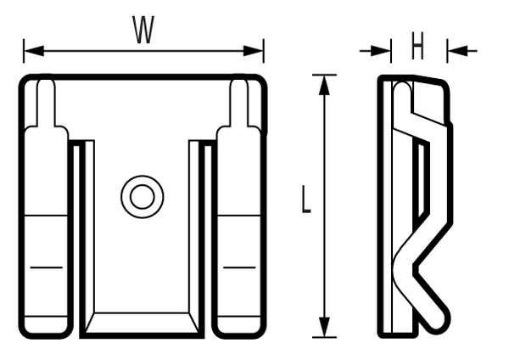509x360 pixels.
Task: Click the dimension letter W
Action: click(x=143, y=31)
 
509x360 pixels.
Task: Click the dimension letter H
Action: click(x=417, y=48)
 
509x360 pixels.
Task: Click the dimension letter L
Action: click(x=306, y=200)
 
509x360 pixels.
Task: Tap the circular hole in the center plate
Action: click(x=142, y=196)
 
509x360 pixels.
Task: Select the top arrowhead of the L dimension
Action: click(x=323, y=83)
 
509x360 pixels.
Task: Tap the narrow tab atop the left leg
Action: click(x=47, y=102)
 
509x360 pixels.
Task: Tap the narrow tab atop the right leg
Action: click(x=240, y=102)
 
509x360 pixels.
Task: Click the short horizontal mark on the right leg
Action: click(x=239, y=267)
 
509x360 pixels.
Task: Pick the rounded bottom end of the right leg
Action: click(x=239, y=327)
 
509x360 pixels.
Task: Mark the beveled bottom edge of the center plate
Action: click(x=142, y=322)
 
